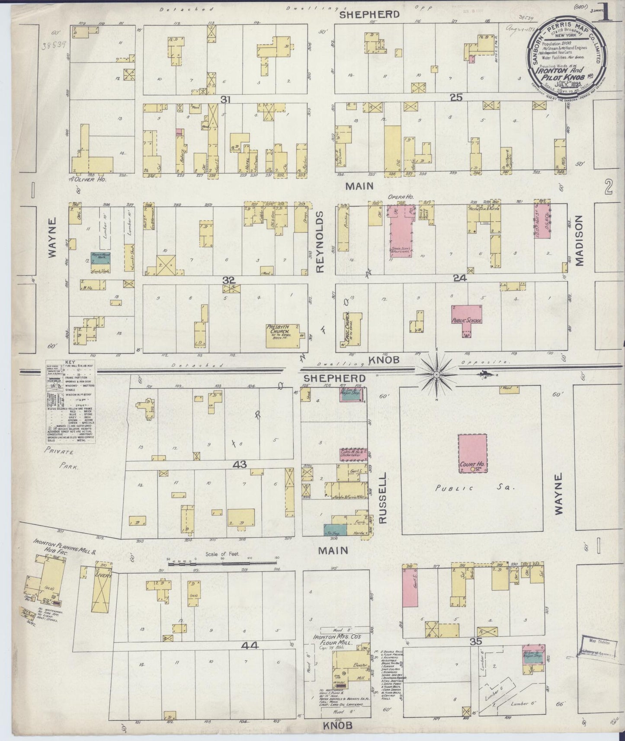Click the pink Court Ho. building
(x=472, y=454)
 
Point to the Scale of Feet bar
(x=222, y=563)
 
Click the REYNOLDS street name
(x=320, y=242)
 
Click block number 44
(x=250, y=645)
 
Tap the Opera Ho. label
(x=403, y=197)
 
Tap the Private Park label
(x=60, y=458)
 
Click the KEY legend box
(x=70, y=402)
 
